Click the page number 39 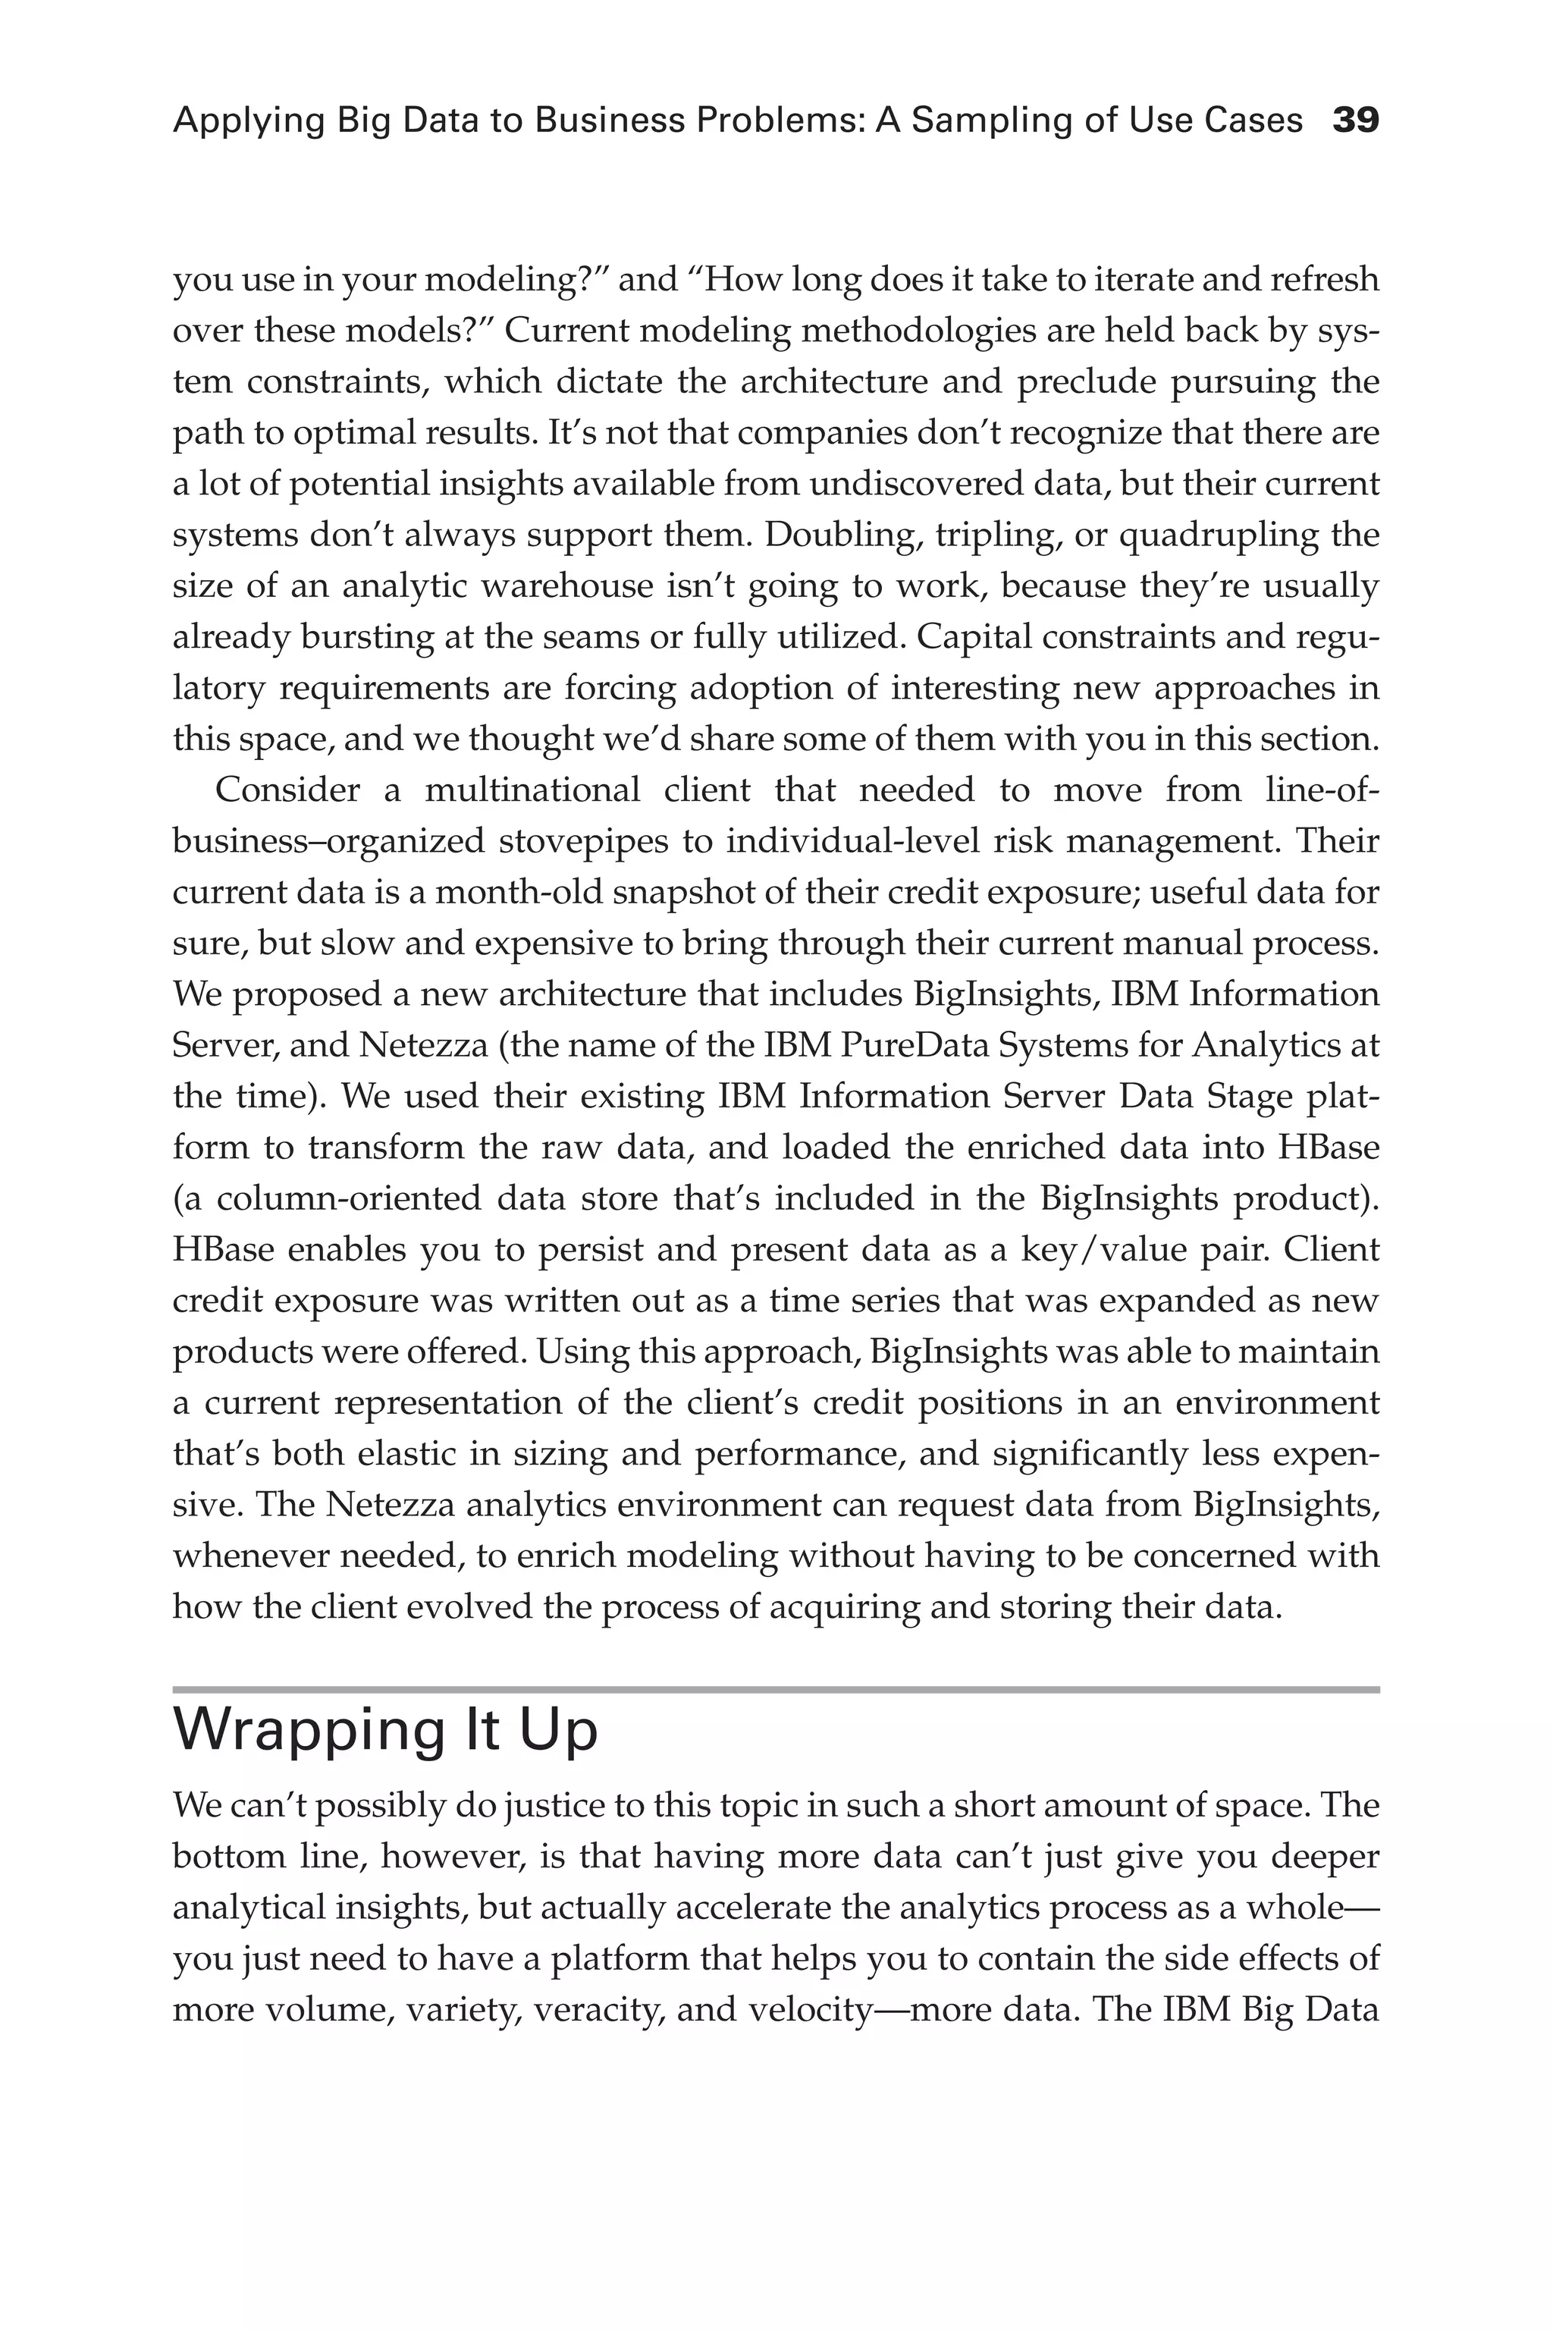click(1355, 121)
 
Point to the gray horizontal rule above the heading click(776, 1690)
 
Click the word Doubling click(835, 535)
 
